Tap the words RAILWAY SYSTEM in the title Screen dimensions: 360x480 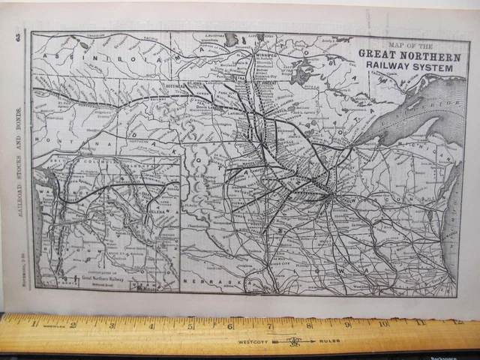tap(406, 67)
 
